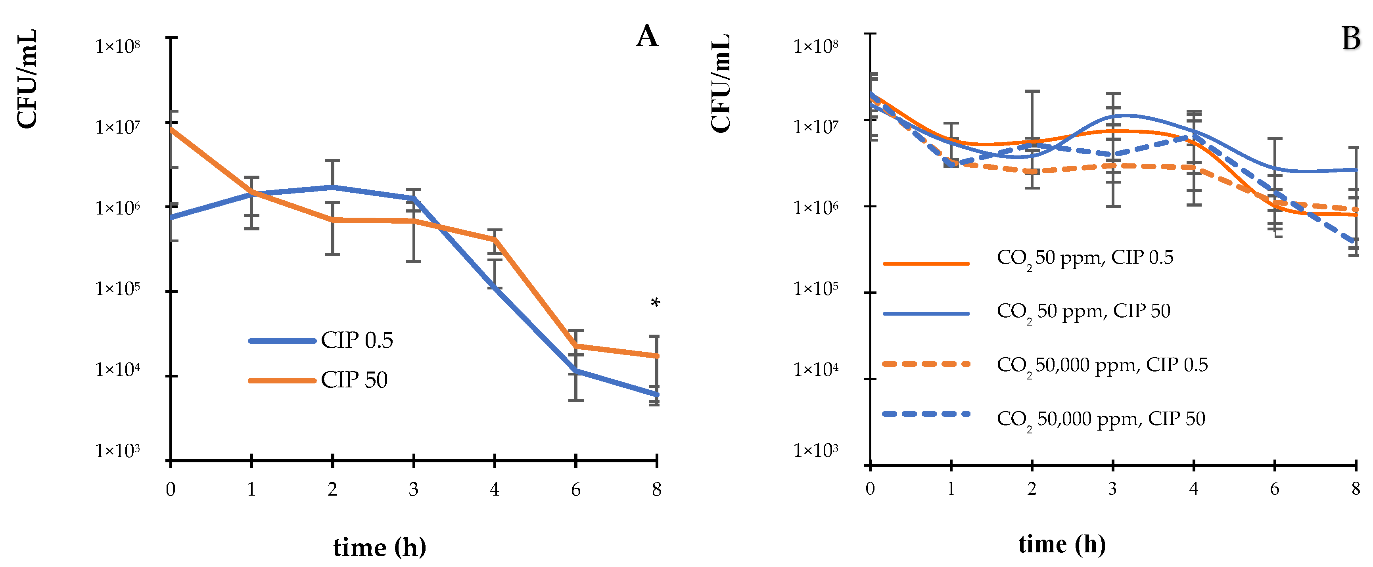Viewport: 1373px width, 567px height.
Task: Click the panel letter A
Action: [647, 36]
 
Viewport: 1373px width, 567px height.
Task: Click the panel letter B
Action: [1351, 38]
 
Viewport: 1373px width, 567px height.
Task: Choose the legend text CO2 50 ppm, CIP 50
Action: [1083, 312]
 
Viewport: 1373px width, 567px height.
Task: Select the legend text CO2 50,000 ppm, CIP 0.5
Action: [1102, 366]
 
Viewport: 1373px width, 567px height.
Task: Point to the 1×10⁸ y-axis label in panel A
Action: [118, 46]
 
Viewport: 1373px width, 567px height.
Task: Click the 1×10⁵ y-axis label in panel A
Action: [118, 289]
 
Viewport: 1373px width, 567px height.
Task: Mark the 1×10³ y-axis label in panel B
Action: [815, 451]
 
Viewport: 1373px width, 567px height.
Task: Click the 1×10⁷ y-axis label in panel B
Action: [815, 127]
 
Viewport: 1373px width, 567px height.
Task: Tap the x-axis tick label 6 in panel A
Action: [575, 490]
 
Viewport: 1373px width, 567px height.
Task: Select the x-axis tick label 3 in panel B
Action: [1112, 488]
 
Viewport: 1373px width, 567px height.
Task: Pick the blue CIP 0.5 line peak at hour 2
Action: [333, 187]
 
